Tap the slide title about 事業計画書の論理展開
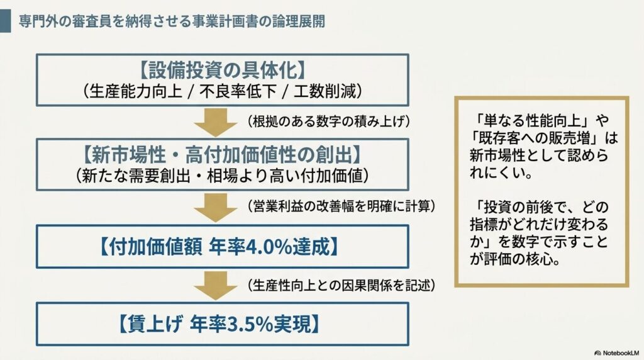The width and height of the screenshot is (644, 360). point(172,21)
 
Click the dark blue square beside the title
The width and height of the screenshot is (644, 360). point(5,21)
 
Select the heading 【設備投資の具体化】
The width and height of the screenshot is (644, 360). point(222,70)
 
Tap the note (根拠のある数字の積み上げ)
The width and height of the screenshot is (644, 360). point(328,121)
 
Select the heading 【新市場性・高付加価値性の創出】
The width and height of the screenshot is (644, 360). point(222,155)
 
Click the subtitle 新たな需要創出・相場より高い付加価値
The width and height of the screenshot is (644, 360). point(222,176)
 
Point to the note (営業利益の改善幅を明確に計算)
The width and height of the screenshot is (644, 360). point(341,206)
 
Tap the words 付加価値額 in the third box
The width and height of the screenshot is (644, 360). point(155,247)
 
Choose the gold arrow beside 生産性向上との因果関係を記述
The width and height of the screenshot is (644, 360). point(215,286)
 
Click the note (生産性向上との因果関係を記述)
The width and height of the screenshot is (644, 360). point(341,285)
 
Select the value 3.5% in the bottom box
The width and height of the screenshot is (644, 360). point(250,324)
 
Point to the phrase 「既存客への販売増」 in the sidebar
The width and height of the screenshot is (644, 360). point(536,138)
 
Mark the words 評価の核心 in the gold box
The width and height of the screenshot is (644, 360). point(519,259)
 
